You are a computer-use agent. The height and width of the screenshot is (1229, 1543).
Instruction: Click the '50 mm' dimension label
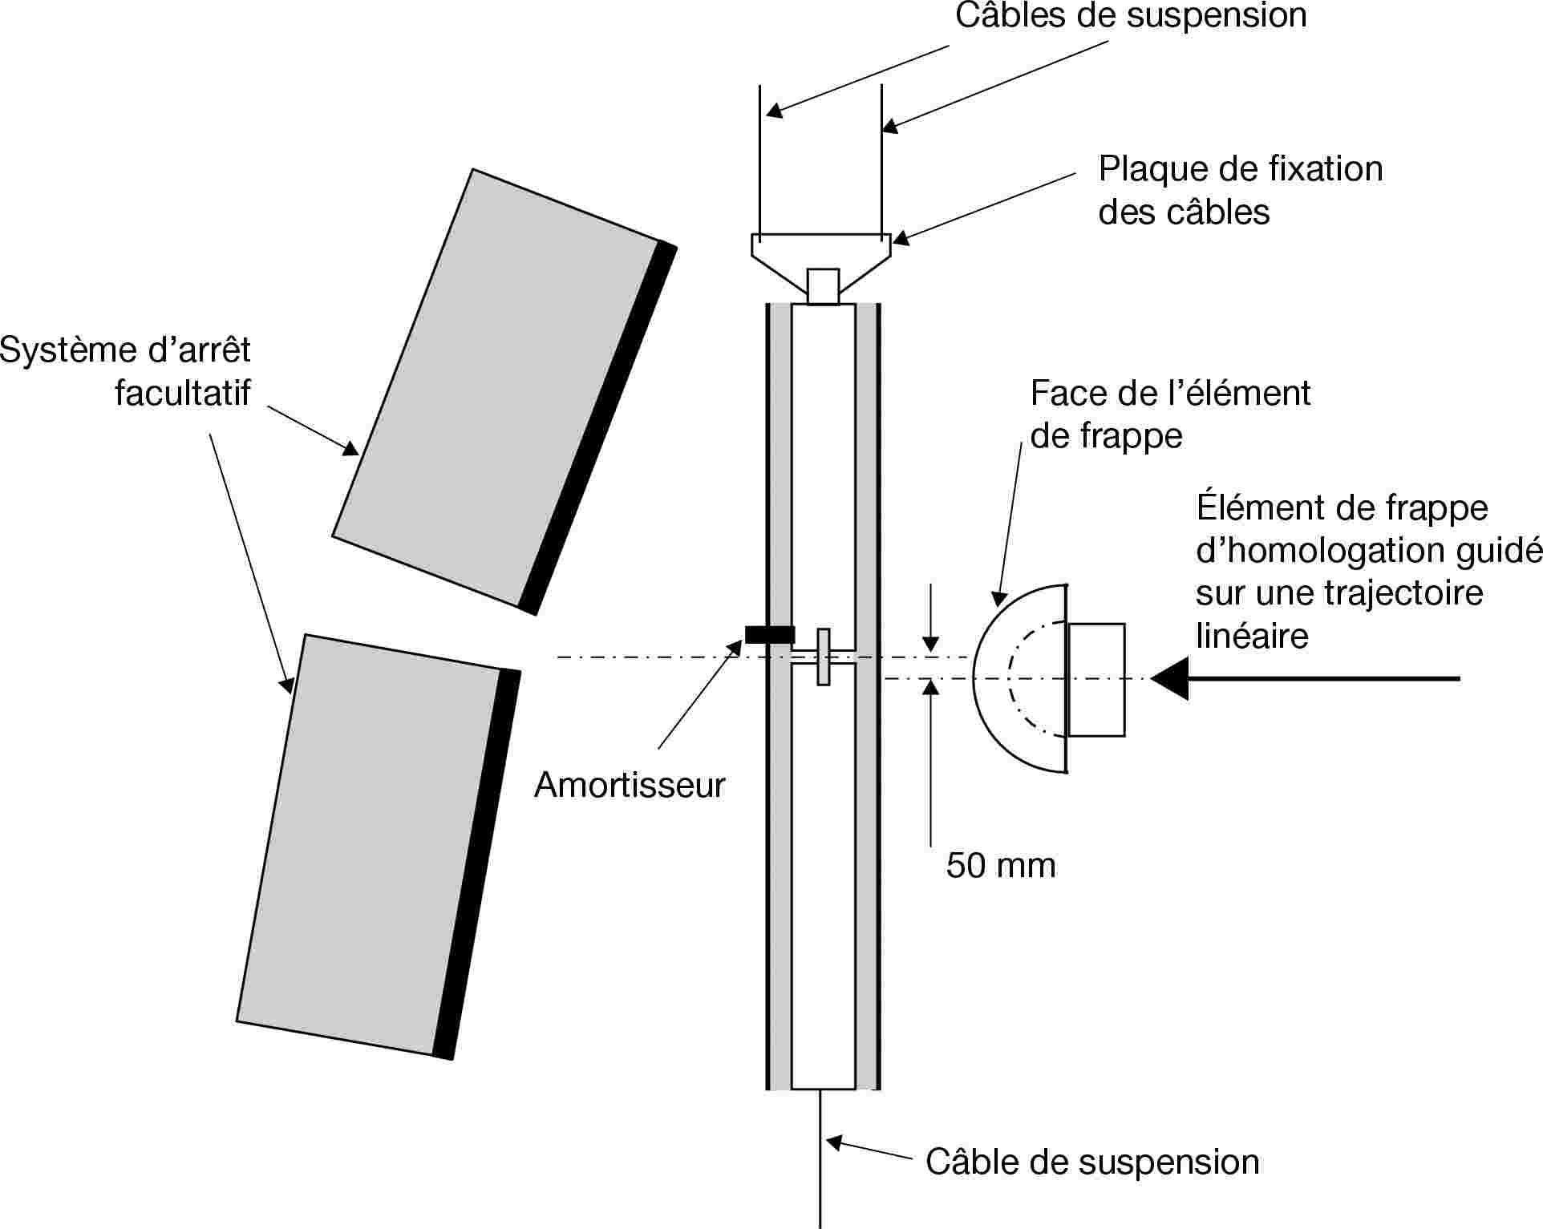1001,866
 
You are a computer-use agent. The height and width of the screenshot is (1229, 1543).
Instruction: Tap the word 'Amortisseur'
630,785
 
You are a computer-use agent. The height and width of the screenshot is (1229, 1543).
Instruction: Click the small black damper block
770,635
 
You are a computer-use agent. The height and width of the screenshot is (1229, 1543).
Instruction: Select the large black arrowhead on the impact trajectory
1170,678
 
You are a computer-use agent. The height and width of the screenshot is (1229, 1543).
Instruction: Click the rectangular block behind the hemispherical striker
1096,680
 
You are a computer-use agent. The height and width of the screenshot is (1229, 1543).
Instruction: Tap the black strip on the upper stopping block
597,429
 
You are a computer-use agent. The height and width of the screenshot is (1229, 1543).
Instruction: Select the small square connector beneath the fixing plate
823,286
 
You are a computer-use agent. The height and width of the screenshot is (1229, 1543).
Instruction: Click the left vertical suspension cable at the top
760,160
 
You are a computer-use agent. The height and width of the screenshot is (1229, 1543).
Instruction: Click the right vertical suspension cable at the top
881,160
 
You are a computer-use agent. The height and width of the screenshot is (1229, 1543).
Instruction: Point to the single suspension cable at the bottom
820,1162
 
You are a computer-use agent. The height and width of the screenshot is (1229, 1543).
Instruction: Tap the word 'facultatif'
183,393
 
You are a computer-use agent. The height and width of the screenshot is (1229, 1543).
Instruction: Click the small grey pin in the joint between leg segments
823,657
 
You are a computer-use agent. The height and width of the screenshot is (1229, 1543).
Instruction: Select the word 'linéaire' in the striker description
1252,636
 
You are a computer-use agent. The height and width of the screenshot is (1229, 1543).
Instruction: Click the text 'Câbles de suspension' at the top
1131,16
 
